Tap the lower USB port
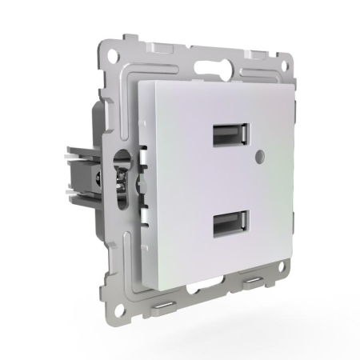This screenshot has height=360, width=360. [231, 228]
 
